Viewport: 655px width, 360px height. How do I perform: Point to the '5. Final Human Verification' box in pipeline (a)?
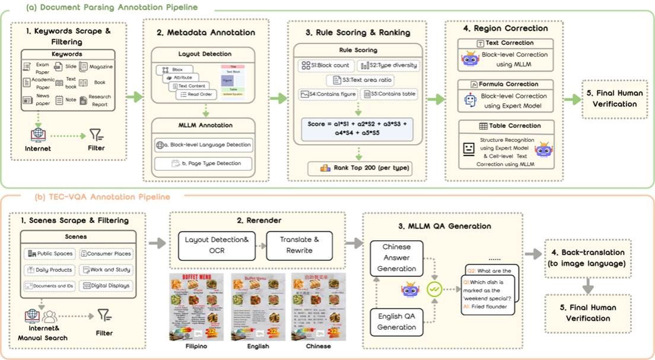click(x=614, y=98)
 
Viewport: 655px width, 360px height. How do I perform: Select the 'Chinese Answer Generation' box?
click(x=397, y=258)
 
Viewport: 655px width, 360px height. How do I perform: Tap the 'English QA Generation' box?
click(x=397, y=321)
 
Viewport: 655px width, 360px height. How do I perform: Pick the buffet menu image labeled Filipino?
click(x=196, y=307)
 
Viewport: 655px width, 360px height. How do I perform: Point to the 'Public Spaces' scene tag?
click(x=50, y=253)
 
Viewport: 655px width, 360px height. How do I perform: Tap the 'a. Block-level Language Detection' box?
click(x=203, y=144)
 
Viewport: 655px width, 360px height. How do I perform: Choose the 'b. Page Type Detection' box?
click(x=203, y=163)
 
